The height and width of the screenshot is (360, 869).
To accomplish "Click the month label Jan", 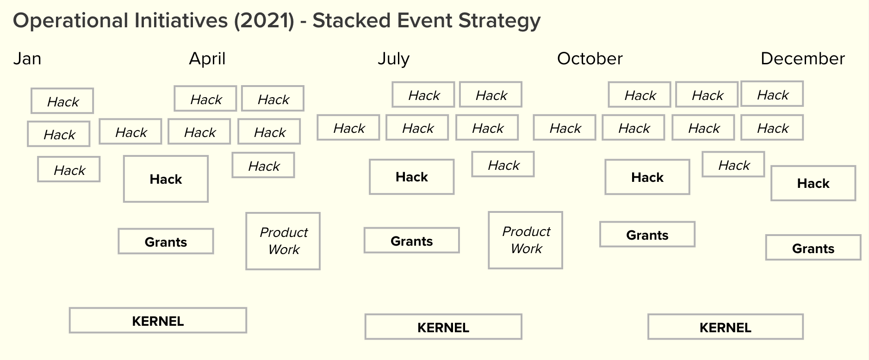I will [27, 59].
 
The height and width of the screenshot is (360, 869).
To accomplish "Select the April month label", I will [207, 59].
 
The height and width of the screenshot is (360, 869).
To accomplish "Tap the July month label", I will [393, 59].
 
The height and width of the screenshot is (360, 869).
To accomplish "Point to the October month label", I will [590, 59].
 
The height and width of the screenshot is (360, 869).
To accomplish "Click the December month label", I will [802, 59].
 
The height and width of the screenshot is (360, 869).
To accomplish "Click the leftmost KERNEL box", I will [158, 321].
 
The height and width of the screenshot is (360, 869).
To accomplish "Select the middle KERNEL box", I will [443, 327].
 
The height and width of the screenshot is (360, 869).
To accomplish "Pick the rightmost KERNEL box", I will [725, 327].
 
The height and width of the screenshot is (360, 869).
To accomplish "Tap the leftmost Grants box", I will [166, 242].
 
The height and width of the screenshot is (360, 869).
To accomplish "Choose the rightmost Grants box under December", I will [813, 248].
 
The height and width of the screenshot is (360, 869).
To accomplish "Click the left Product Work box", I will [283, 241].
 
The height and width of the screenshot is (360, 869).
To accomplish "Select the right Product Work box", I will [526, 240].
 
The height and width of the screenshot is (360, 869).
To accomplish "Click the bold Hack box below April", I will [166, 179].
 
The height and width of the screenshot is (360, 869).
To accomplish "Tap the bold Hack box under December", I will [813, 183].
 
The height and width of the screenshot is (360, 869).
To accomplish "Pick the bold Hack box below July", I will [411, 177].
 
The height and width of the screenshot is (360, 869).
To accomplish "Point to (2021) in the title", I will [264, 21].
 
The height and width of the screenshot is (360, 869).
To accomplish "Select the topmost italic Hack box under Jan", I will [62, 101].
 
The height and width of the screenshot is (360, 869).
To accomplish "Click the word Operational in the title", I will [70, 21].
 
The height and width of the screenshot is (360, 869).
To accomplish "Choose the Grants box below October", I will [647, 235].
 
